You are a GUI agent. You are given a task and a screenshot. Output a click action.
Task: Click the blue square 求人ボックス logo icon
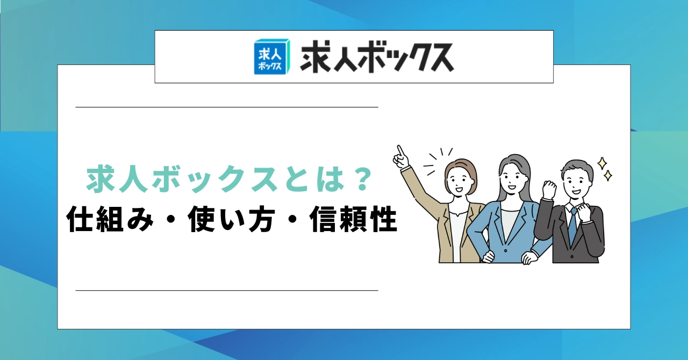click(x=272, y=57)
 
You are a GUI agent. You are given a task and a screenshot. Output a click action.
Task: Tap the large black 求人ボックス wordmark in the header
click(x=377, y=57)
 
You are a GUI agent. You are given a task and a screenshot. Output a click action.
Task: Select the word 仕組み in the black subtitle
click(x=110, y=220)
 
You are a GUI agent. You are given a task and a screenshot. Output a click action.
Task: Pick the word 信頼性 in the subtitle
click(x=353, y=220)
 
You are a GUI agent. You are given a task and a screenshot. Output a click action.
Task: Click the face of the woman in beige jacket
click(x=459, y=181)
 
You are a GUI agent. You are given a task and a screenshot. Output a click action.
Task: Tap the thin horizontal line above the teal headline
click(x=227, y=107)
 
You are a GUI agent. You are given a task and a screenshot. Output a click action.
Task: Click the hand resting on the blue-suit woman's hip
click(x=489, y=257)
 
